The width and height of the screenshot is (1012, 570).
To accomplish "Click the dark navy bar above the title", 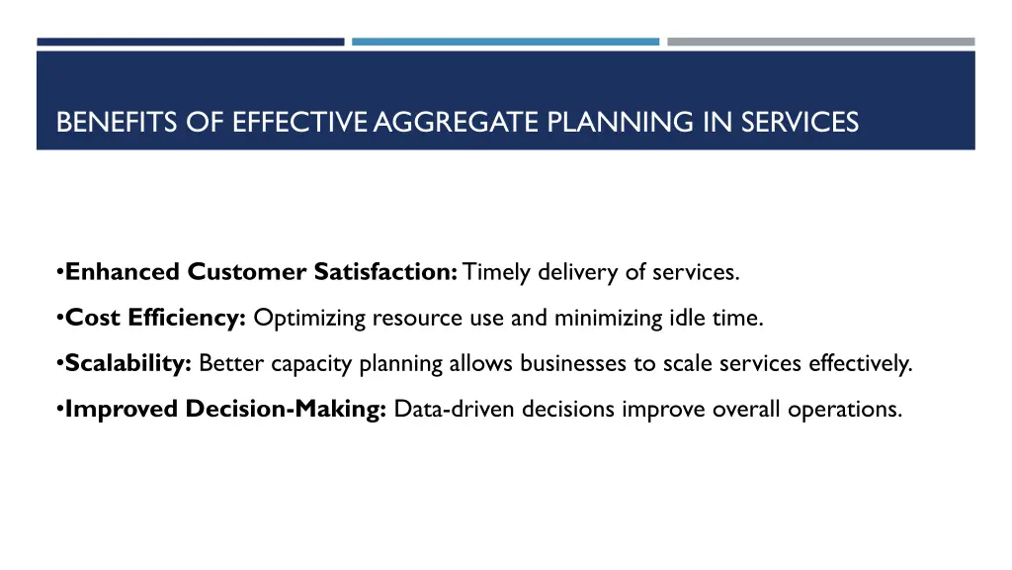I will [x=191, y=42].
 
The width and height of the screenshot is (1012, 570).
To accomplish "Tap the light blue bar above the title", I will [x=505, y=42].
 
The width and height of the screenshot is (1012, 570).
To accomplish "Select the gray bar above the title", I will [x=820, y=42].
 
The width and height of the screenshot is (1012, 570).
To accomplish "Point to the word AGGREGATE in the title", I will [x=457, y=122].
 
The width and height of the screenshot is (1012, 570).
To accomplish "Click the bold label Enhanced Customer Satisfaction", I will [x=260, y=272].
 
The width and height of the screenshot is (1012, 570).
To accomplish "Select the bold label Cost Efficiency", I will [x=155, y=318].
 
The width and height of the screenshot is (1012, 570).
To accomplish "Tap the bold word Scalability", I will [x=128, y=363].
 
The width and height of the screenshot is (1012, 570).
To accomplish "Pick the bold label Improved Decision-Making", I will [x=225, y=409].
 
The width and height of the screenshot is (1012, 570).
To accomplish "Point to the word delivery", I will [x=570, y=272].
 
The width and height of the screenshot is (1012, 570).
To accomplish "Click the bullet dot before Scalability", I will [x=60, y=364].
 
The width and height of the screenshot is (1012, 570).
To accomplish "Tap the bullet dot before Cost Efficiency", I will [x=60, y=319].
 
